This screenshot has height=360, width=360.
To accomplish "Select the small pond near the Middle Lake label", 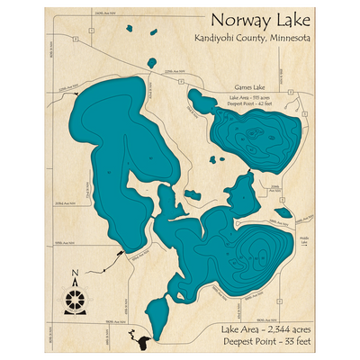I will tap(283, 213).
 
